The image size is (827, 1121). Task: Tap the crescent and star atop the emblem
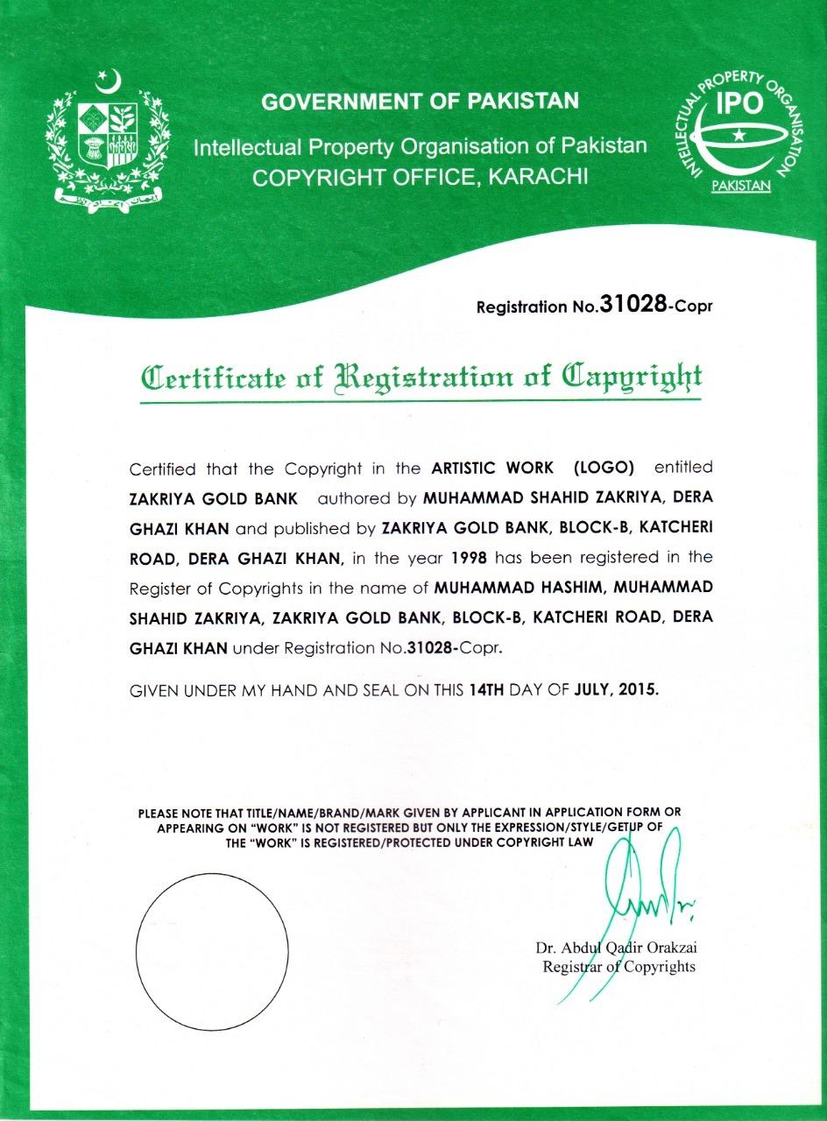coord(107,84)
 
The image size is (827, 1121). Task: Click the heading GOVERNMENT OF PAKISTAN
coord(421,102)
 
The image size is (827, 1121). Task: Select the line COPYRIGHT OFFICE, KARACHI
coord(421,178)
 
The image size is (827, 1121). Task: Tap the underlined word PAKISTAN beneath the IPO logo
coord(740,186)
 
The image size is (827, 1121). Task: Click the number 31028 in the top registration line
coord(631,305)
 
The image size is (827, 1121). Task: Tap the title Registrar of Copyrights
coord(618,967)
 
